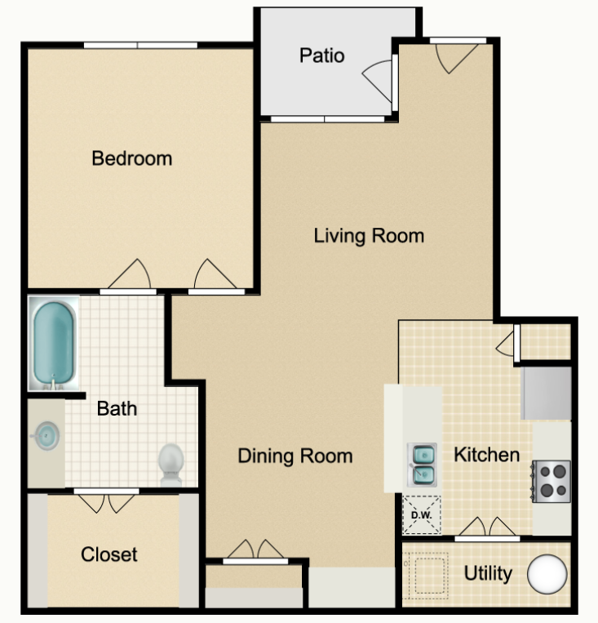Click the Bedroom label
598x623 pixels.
coord(132,158)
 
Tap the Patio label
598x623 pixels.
coord(321,56)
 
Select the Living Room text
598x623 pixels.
coord(369,236)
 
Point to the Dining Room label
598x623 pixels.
coord(295,456)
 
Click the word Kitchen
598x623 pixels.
coord(487,455)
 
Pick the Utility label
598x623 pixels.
coord(488,574)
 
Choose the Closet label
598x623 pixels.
coord(109,554)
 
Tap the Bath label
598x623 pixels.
coord(117,409)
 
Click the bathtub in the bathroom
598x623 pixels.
coord(54,344)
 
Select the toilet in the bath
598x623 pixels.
coord(171,465)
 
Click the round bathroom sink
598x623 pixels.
coord(46,436)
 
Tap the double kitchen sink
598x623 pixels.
coord(422,465)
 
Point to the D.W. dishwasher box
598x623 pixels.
coord(422,515)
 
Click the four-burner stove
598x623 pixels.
coord(551,481)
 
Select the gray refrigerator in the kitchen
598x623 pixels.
coord(546,393)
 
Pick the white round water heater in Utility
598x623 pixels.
coord(547,574)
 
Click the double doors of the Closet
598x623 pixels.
coord(106,503)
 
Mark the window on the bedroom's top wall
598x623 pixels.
coord(140,45)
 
